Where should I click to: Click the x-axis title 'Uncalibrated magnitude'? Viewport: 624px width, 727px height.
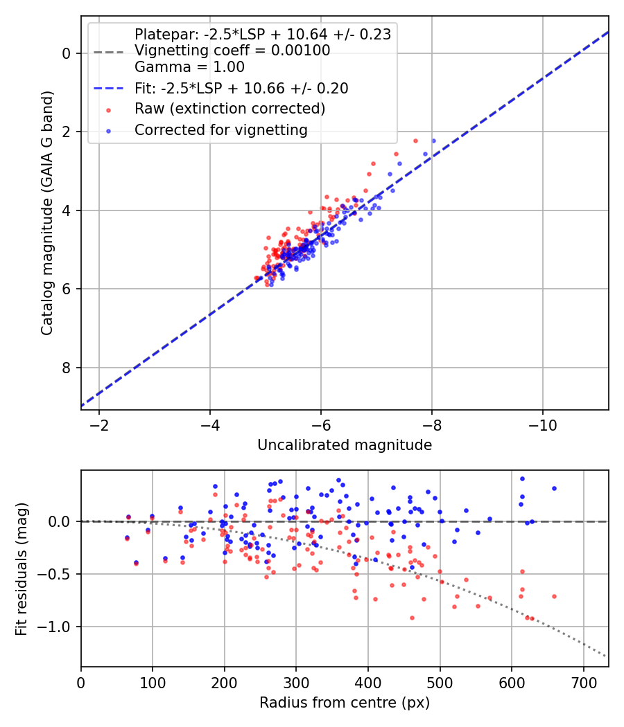[x=345, y=445]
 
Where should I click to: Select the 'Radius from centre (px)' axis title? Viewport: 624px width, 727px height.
[x=345, y=703]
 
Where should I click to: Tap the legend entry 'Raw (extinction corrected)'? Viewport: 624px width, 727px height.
[x=229, y=109]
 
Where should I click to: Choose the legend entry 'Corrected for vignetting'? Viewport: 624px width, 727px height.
[x=220, y=129]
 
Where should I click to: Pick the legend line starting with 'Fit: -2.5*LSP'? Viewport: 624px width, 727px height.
[x=241, y=88]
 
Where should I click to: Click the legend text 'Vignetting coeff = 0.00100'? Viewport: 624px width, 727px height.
[x=232, y=51]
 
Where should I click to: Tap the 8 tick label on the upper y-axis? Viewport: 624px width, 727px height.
[x=67, y=368]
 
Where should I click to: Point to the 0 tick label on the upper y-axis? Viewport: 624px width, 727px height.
[x=67, y=53]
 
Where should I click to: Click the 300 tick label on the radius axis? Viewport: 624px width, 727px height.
[x=296, y=681]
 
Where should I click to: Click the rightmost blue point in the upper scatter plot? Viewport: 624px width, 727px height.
[x=433, y=141]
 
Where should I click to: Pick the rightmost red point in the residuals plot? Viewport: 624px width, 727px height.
[x=554, y=596]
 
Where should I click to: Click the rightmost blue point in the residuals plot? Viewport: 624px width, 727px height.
[x=554, y=488]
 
